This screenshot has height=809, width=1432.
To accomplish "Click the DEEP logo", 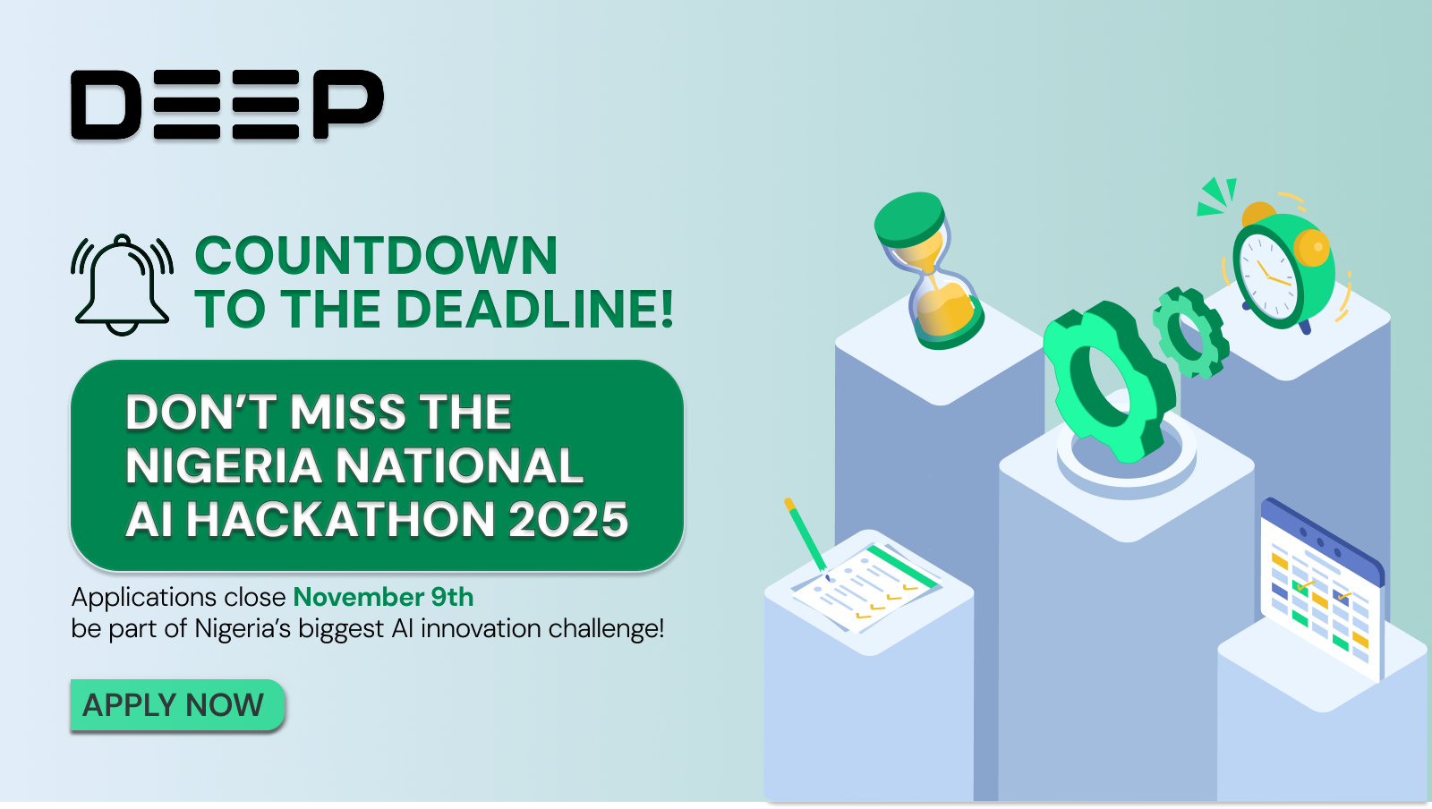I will tap(227, 105).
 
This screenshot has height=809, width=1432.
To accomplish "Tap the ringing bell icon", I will tap(122, 285).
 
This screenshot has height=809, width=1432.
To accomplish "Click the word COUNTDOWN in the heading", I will tap(376, 256).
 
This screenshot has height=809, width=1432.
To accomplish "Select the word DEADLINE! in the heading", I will tap(534, 310).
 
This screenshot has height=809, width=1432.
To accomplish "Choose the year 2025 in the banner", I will tap(567, 520).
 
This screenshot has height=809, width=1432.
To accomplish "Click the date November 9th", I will tap(383, 597).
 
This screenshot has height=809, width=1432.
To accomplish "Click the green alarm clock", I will tap(1282, 268).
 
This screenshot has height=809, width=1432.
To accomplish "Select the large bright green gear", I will tap(1108, 381).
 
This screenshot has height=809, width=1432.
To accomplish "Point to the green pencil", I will tap(805, 534).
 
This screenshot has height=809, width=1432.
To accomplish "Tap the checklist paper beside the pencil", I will tap(866, 586).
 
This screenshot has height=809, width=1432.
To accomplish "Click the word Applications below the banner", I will tap(144, 597).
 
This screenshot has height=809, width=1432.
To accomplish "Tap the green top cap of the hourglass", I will tap(909, 217).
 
